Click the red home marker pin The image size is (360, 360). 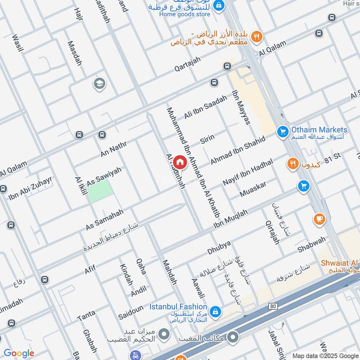pyautogui.click(x=180, y=162)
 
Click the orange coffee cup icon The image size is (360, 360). pyautogui.click(x=319, y=219)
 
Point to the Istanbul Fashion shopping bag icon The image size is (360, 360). pyautogui.click(x=216, y=311)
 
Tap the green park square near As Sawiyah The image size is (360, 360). pyautogui.click(x=99, y=192)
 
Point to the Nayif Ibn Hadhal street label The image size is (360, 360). pyautogui.click(x=248, y=173)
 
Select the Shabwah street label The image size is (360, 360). pyautogui.click(x=311, y=244)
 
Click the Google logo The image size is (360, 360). pyautogui.click(x=19, y=353)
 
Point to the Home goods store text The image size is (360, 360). pyautogui.click(x=184, y=14)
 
